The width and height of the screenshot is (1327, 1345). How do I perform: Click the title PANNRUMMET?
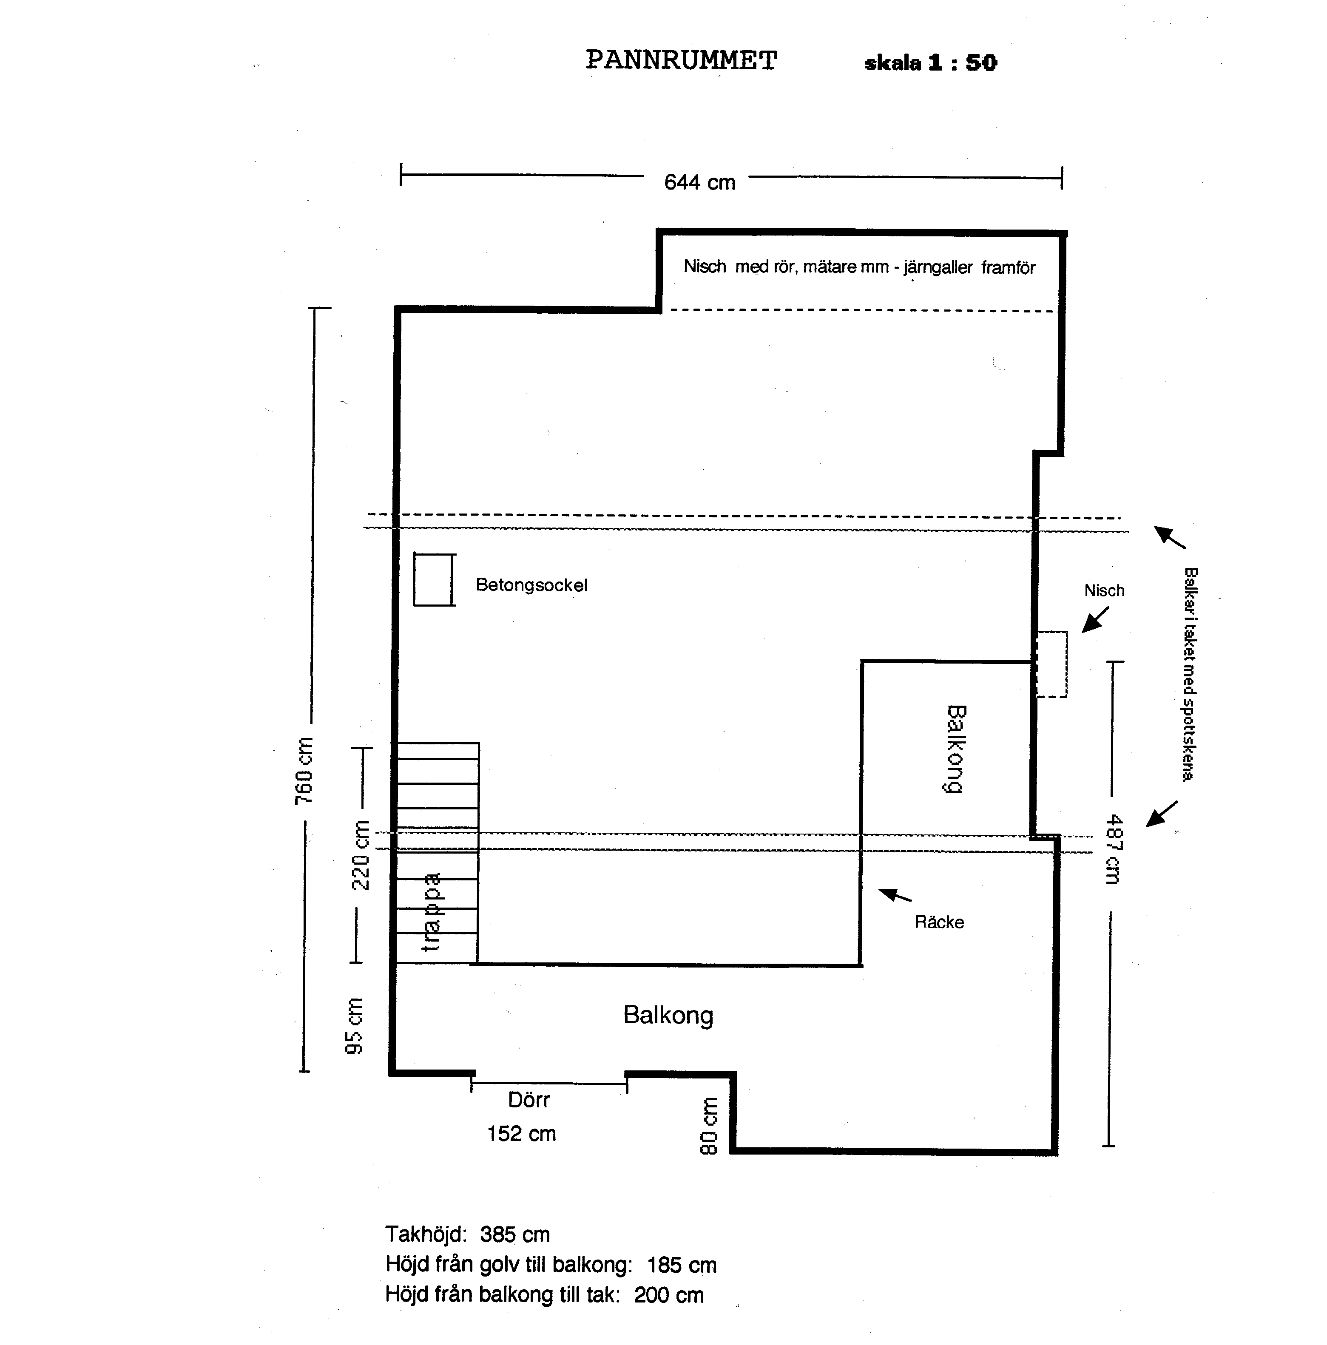pos(680,60)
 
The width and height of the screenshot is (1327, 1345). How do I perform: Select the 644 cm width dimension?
pos(699,182)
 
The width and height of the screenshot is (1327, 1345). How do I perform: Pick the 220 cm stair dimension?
pos(360,856)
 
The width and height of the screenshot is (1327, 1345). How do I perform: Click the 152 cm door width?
pos(521,1133)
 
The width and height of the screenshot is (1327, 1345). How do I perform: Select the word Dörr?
pos(529,1100)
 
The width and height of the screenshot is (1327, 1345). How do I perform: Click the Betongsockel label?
pos(531,585)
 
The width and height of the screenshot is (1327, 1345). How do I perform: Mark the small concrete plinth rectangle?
pos(434,579)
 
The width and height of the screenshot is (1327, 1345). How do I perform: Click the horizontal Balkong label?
pos(668,1015)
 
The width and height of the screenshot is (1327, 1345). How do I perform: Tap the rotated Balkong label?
pos(956,749)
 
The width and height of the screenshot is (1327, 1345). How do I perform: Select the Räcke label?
pos(938,922)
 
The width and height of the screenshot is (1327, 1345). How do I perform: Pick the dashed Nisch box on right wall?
pos(1051,664)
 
